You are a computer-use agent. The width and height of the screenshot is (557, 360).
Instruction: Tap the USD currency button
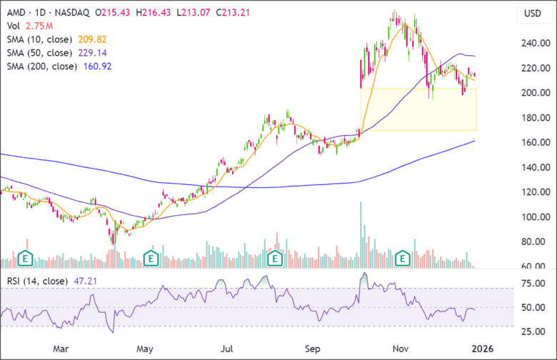(x=532, y=14)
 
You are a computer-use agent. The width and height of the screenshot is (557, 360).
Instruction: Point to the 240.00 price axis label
(x=534, y=43)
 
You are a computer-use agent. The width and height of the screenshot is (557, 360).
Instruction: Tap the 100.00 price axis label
(x=534, y=217)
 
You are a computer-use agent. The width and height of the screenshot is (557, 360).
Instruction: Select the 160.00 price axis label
(x=534, y=143)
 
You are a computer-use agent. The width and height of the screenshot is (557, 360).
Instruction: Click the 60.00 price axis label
(x=536, y=266)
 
